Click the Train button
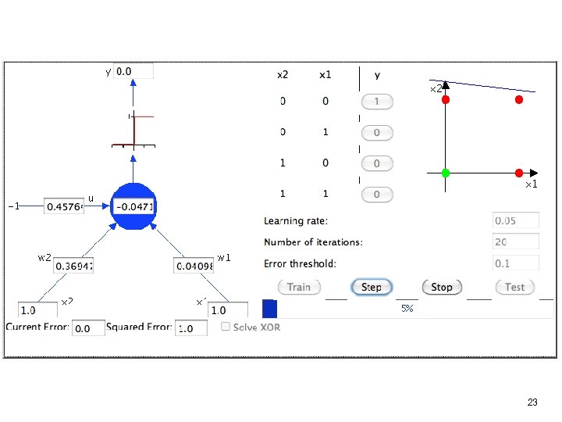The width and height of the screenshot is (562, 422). pos(298,288)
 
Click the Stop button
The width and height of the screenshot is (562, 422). pos(441,288)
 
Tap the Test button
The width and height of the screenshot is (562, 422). pos(514,288)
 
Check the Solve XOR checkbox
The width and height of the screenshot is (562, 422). pos(225,327)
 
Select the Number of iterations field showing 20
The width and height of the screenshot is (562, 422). pos(516,242)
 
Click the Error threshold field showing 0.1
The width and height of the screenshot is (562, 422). pos(516,263)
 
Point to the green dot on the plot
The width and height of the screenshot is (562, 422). pos(446,172)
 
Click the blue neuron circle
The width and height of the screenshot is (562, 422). pos(134,206)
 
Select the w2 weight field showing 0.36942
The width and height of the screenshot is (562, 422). pos(74,266)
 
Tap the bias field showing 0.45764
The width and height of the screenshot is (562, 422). pos(63,206)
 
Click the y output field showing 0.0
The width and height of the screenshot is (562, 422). pos(133,71)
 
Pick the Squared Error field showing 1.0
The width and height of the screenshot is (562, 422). pos(191,328)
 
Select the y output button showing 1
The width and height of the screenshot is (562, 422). pos(376,102)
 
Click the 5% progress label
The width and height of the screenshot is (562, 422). pos(407,309)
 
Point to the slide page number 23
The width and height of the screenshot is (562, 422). pos(532,402)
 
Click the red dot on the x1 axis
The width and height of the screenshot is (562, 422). pos(518,172)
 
